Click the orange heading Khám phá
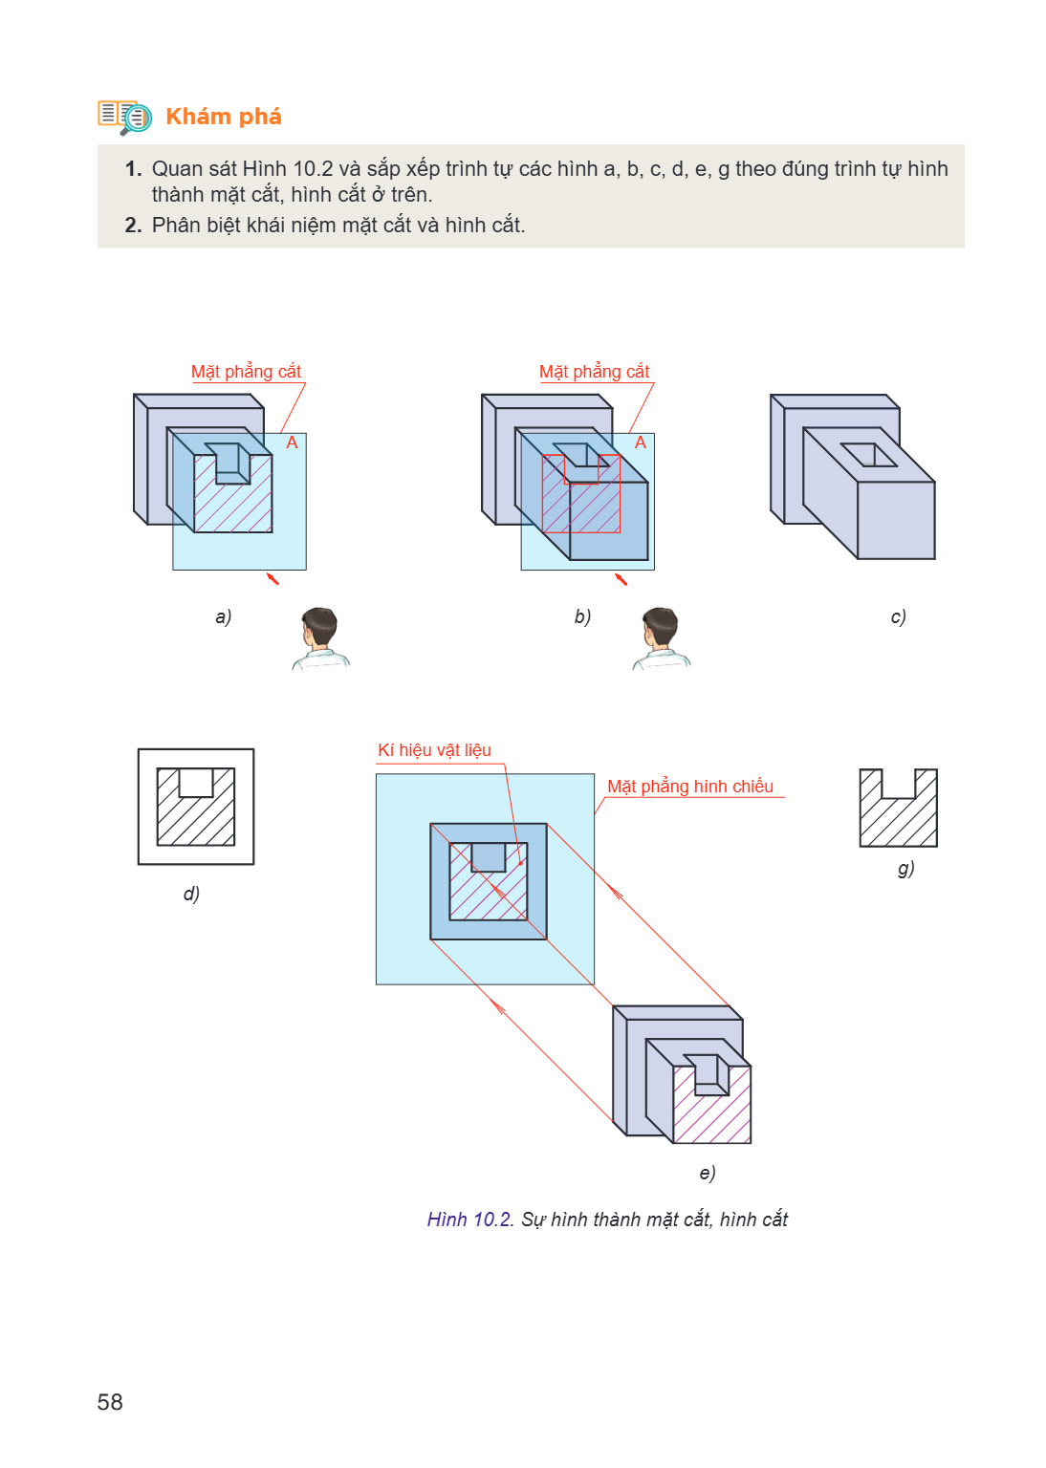pos(224,117)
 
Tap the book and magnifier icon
pos(124,118)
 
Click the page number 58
pos(110,1402)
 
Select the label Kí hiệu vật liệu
pos(434,749)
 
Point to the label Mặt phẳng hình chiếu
pos(690,787)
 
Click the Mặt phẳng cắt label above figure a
pos(246,372)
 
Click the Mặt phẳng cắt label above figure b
pos(594,372)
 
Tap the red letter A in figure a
pos(292,443)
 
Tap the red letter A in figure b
pos(641,443)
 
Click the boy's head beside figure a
pos(319,627)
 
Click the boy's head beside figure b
pos(660,627)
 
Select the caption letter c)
pos(899,616)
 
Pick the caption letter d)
pos(191,894)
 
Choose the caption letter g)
pos(905,869)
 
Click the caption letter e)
pos(707,1173)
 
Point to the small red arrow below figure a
pos(272,578)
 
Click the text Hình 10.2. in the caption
pos(470,1220)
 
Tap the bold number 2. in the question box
pos(133,226)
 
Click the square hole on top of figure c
pos(869,455)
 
